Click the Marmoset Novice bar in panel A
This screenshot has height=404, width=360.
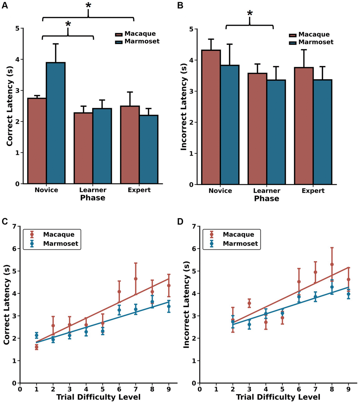click(x=55, y=123)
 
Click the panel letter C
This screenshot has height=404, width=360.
click(x=5, y=221)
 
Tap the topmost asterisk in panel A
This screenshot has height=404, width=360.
click(x=88, y=6)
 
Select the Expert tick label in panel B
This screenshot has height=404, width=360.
click(x=313, y=191)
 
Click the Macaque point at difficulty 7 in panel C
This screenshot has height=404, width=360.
click(x=136, y=279)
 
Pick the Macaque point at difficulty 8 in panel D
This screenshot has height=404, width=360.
click(x=332, y=264)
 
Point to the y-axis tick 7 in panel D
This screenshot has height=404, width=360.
click(x=194, y=226)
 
